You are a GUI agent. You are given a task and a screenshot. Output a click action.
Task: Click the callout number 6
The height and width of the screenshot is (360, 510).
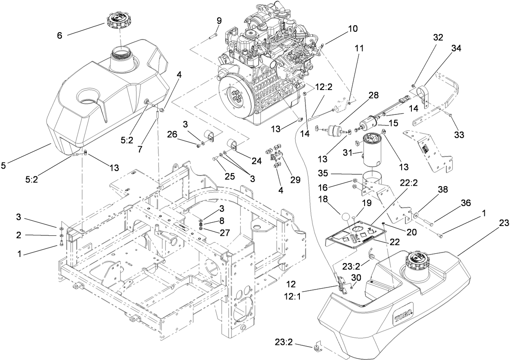59,36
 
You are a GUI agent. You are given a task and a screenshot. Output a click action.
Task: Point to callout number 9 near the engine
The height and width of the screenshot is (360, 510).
219,21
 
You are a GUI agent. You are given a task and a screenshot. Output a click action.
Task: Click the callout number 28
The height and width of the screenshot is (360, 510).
374,96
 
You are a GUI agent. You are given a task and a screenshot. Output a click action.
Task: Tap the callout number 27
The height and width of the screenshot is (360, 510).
224,233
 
